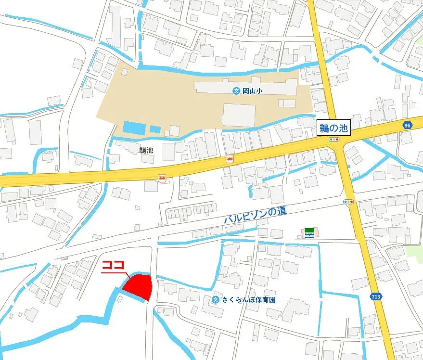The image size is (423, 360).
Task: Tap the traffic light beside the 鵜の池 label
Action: pyautogui.click(x=334, y=140)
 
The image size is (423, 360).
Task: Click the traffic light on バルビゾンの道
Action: pyautogui.click(x=348, y=202)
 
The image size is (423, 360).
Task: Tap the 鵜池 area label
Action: pyautogui.click(x=146, y=150)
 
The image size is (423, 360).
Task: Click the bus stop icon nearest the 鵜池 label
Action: pyautogui.click(x=163, y=178)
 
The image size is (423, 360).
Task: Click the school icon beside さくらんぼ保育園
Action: pyautogui.click(x=216, y=300)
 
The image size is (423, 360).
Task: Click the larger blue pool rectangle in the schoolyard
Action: pyautogui.click(x=134, y=128)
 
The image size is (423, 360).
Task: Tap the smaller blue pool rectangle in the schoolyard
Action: pyautogui.click(x=155, y=129)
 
